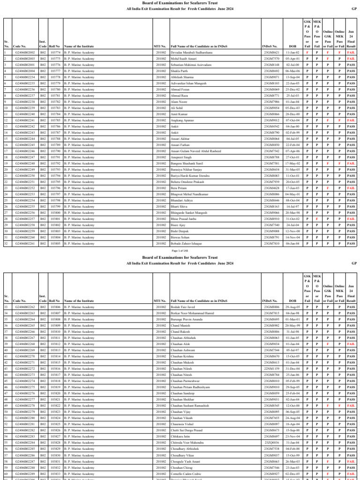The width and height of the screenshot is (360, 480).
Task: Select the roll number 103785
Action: tap(55, 120)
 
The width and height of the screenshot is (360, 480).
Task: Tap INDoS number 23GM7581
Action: tap(271, 163)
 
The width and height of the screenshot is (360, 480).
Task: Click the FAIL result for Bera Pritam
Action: tap(351, 187)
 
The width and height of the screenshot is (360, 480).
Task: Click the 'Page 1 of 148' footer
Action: tap(180, 251)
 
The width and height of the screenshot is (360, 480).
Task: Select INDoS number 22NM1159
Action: tap(271, 368)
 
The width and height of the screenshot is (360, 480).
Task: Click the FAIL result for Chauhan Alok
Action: tap(351, 344)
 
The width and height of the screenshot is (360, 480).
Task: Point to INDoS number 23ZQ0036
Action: tap(271, 442)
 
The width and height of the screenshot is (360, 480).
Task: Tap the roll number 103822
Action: tap(55, 405)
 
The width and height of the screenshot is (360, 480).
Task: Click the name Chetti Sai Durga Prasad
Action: tap(187, 430)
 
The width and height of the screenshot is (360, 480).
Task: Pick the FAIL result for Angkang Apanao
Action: tap(351, 120)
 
